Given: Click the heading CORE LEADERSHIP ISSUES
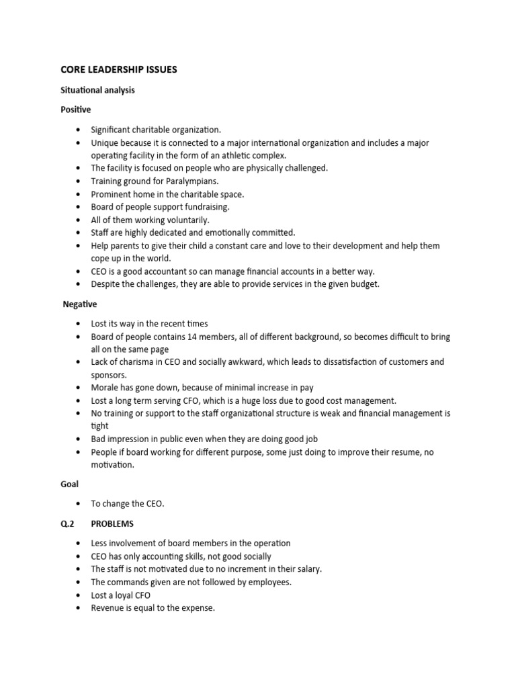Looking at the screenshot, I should coord(120,69).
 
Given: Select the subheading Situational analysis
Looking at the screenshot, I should coord(98,90).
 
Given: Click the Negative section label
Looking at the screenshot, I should coord(80,304).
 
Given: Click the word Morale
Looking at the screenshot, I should coord(105,388).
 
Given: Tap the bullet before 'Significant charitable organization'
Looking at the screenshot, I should coord(79,129).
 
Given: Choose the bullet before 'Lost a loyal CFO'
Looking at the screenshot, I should coord(79,595).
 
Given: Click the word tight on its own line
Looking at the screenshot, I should coord(99,426).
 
